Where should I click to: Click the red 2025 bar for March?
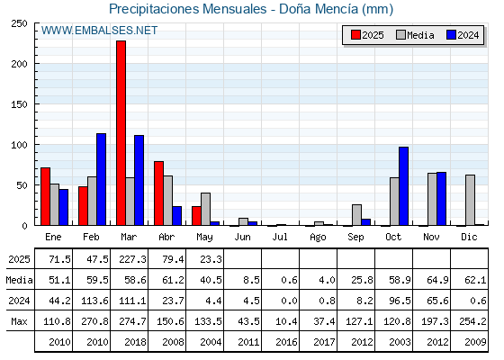(x=121, y=133)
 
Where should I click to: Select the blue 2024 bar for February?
(x=101, y=179)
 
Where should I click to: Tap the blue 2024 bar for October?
(x=404, y=186)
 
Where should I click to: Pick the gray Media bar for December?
(x=470, y=200)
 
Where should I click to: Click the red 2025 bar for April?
(x=158, y=193)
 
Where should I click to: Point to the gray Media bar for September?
(x=356, y=215)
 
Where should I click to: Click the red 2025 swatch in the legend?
(x=355, y=35)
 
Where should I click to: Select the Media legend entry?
(x=415, y=35)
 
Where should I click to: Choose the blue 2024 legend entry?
(x=463, y=35)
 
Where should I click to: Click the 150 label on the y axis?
(x=19, y=104)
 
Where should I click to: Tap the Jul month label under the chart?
(x=280, y=237)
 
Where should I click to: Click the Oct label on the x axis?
(x=393, y=237)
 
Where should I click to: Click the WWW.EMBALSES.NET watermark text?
(x=99, y=31)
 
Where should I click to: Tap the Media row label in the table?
(x=19, y=280)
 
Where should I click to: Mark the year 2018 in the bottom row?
(x=135, y=342)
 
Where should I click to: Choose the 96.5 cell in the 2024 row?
(x=400, y=301)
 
